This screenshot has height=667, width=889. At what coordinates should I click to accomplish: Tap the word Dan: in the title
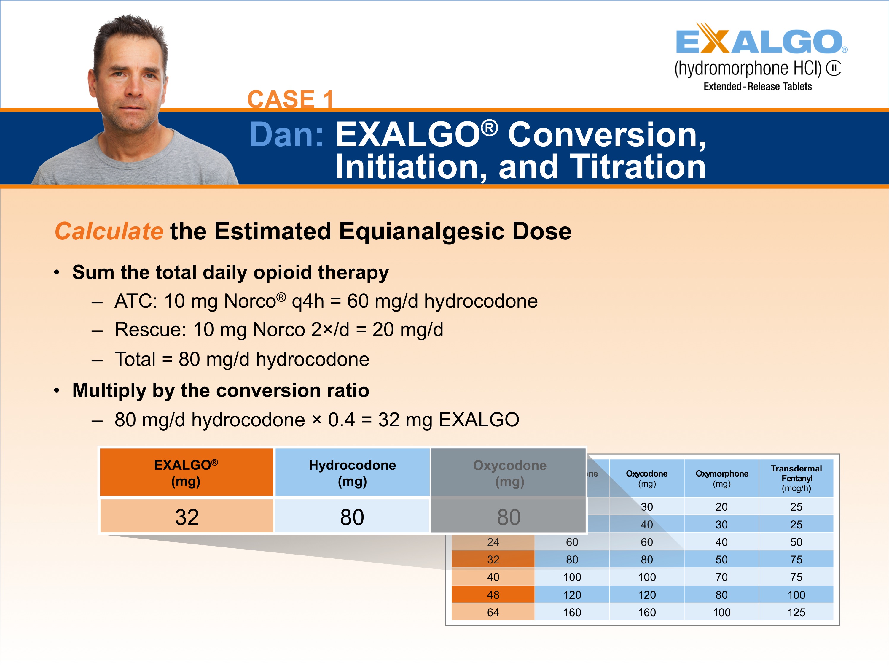pos(286,135)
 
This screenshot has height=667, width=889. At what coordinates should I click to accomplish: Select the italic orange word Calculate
pos(109,231)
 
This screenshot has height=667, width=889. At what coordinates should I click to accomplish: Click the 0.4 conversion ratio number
pos(341,420)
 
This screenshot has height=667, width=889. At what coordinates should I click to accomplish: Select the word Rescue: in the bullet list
pos(150,330)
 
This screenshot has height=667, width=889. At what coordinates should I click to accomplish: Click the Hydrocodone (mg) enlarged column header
pos(352,473)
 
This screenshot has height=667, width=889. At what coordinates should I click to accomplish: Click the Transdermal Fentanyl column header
pos(796,478)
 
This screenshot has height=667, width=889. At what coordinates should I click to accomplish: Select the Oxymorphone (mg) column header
pos(721,478)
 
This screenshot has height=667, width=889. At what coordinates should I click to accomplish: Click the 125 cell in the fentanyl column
pos(796,612)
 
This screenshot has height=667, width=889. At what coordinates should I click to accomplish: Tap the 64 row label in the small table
pos(493,612)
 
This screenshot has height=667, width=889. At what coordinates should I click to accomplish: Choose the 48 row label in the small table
pos(493,595)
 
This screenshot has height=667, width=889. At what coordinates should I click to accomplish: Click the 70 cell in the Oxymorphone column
pos(721,577)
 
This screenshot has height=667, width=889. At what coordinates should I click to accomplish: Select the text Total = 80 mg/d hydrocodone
pos(242,359)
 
